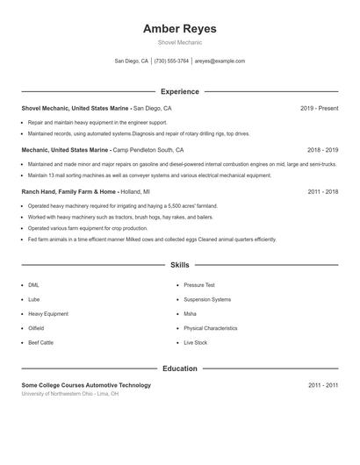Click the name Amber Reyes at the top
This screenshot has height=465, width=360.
pos(179,29)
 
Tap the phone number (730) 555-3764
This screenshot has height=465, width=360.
pos(171,61)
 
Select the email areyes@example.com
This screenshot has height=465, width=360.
pos(220,61)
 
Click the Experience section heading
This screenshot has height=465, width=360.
pos(179,91)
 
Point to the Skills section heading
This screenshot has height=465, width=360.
pos(179,265)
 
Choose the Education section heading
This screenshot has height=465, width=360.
pos(179,368)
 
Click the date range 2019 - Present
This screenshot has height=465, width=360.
pos(319,108)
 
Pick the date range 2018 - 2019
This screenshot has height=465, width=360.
pos(322,150)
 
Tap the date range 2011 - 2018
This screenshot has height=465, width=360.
pos(322,191)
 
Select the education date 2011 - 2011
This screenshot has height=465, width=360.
pos(322,385)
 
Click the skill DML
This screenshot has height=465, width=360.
pos(33,285)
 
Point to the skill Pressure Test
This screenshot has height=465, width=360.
pos(198,285)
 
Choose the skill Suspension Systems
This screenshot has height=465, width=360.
pos(207,299)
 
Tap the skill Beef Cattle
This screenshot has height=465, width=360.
pos(40,342)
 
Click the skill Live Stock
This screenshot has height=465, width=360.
pos(195,342)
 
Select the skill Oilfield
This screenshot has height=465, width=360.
pos(35,328)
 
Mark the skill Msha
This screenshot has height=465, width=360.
pos(190,313)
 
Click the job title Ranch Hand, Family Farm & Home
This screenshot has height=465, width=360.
pos(68,191)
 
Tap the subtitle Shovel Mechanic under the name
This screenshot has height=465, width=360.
pos(179,42)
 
